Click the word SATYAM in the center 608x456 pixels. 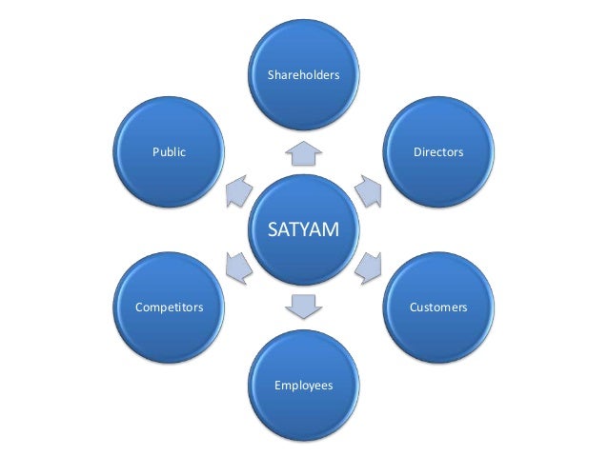click(303, 230)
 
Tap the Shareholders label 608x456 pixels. click(303, 73)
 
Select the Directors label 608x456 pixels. click(437, 151)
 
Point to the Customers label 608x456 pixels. click(437, 307)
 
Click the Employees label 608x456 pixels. click(303, 386)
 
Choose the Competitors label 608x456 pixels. click(169, 307)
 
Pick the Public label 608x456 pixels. click(169, 151)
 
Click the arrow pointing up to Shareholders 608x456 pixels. click(303, 149)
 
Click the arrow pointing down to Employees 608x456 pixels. click(303, 307)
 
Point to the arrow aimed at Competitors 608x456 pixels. click(238, 268)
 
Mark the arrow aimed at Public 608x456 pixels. click(238, 190)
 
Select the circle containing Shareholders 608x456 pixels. click(303, 95)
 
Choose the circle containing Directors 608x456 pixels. click(437, 176)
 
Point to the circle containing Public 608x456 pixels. click(169, 176)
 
